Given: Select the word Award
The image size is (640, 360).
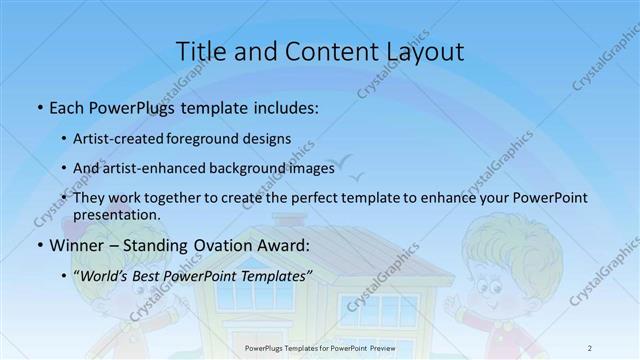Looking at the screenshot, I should point(285,245).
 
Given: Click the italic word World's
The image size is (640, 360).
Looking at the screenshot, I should point(108,275).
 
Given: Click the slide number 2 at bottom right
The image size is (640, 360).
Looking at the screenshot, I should point(590,347).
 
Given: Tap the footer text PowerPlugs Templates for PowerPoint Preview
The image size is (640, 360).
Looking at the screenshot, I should point(320,347).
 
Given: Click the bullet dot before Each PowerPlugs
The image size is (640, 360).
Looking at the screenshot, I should point(39,107).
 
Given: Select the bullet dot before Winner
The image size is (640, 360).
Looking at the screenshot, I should point(39,246).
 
